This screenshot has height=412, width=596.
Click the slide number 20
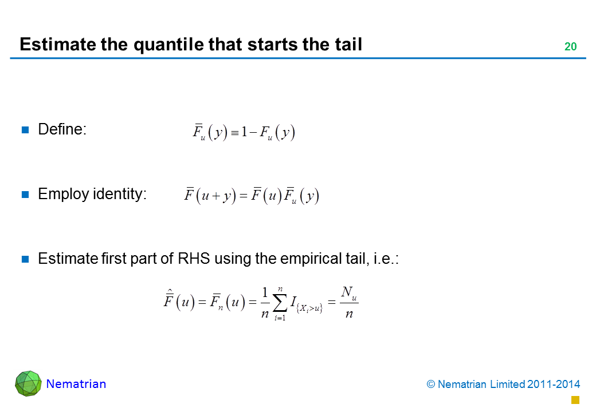(x=570, y=46)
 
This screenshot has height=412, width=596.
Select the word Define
(x=60, y=129)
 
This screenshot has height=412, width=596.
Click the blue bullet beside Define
(x=25, y=130)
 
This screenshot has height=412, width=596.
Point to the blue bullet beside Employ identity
(x=25, y=195)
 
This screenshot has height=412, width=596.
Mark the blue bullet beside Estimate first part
(x=25, y=259)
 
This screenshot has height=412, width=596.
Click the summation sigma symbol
(x=280, y=303)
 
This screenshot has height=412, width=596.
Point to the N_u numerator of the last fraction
(x=349, y=293)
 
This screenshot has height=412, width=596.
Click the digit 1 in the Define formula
(x=244, y=132)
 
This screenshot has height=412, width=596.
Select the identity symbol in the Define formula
(x=234, y=133)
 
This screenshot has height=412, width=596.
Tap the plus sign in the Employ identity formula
(x=216, y=196)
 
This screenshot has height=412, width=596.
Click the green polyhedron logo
(x=28, y=383)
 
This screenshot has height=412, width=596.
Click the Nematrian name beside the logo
(x=76, y=384)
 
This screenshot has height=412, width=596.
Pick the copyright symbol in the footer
(x=430, y=385)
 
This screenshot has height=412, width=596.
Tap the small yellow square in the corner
(x=575, y=400)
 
